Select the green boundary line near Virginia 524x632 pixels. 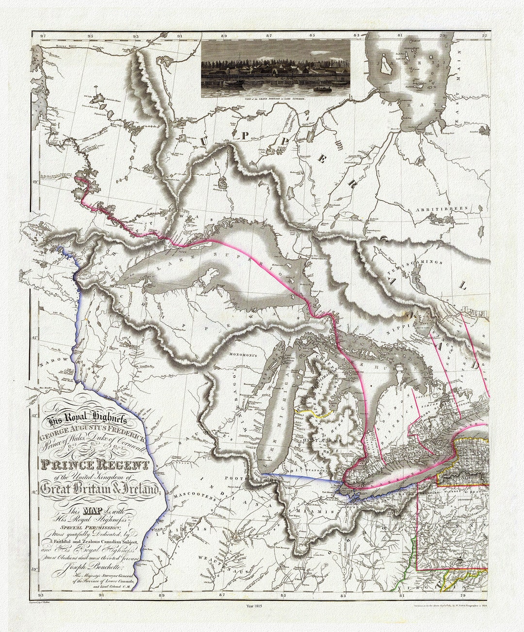click(410, 558)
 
